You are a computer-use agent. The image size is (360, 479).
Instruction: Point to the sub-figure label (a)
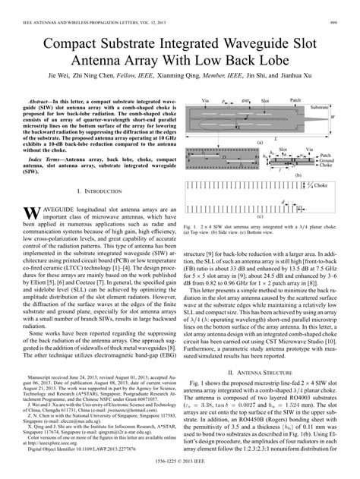[259, 142]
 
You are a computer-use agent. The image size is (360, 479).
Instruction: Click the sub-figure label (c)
[260, 216]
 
